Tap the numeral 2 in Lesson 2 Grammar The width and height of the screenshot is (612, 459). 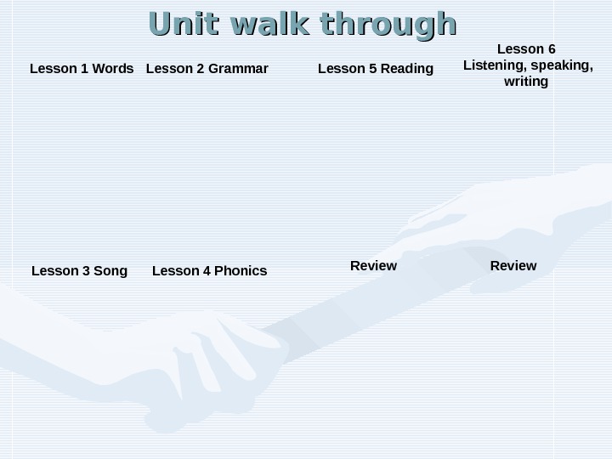tap(201, 68)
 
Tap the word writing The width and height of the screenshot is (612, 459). tap(526, 82)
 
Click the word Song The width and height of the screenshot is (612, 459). tap(110, 271)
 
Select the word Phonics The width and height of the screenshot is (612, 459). tap(241, 271)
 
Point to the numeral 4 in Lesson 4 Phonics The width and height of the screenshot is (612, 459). tap(206, 271)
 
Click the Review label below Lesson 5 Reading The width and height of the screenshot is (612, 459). tap(373, 266)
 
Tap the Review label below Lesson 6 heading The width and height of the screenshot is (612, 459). tap(513, 266)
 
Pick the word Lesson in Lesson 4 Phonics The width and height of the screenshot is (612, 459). tap(175, 271)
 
